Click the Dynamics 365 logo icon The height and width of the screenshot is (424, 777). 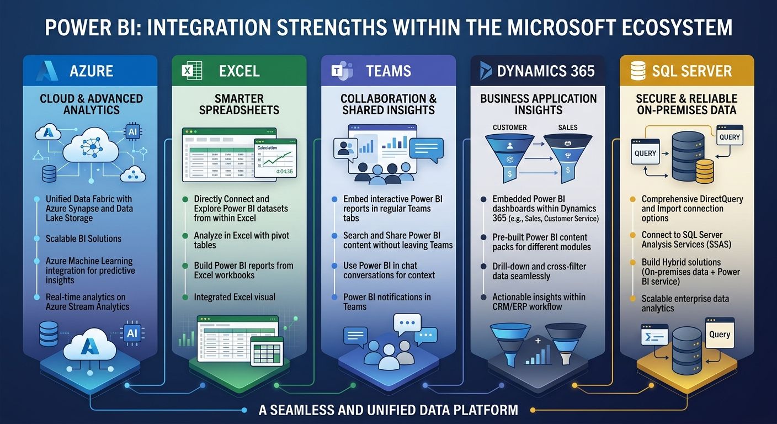tap(486, 71)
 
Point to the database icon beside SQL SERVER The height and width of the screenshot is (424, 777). tap(637, 71)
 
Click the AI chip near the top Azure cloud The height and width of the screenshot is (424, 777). tap(134, 132)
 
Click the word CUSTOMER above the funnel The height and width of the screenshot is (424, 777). tap(509, 128)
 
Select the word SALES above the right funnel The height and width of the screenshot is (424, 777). tap(567, 128)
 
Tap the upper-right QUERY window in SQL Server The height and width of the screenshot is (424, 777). tap(730, 136)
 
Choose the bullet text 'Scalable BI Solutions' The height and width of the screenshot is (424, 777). tap(84, 239)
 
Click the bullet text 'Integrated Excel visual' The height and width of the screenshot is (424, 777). tap(234, 297)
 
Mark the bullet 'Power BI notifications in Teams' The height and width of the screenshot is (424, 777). tap(386, 301)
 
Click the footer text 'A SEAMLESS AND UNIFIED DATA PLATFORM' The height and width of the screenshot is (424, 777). tap(388, 410)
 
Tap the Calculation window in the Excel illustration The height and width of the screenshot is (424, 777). tap(275, 158)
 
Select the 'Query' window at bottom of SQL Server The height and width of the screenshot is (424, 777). tap(720, 333)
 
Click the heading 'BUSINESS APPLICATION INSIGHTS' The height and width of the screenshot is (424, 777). tap(538, 104)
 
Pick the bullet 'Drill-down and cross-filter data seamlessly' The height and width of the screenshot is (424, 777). tap(539, 271)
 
